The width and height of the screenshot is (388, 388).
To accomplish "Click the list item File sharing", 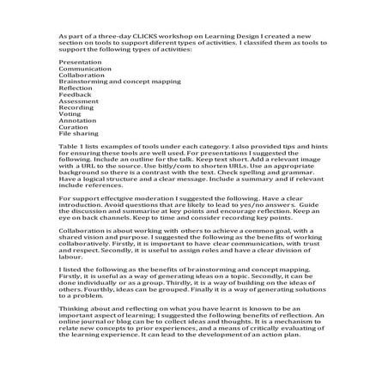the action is (x=77, y=142).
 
